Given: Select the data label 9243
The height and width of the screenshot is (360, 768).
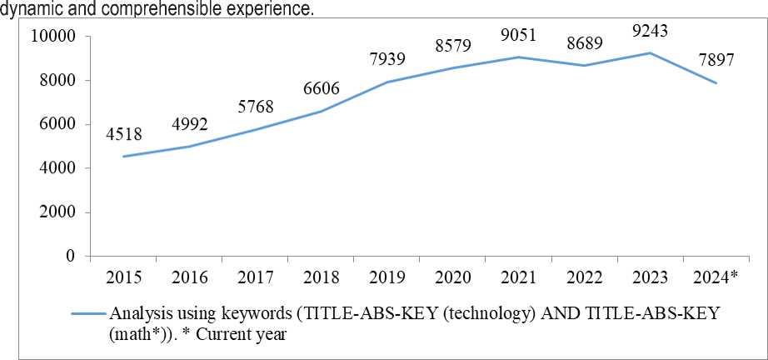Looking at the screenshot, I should click(x=650, y=32).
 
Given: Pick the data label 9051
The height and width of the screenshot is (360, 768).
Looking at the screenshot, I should click(x=519, y=35).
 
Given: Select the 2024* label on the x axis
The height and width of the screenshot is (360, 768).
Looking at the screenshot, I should click(x=716, y=277).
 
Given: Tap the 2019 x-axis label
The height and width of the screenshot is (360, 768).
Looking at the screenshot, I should click(x=386, y=277).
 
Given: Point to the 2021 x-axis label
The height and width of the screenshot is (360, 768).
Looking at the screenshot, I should click(x=518, y=277).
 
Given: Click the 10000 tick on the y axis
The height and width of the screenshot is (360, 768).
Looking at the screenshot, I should click(x=52, y=37).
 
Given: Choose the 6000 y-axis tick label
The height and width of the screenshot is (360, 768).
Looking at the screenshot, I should click(x=57, y=124).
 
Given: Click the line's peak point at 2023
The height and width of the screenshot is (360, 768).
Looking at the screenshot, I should click(x=650, y=53).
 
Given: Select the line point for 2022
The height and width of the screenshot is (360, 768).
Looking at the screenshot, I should click(x=584, y=66).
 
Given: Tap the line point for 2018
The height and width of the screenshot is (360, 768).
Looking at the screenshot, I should click(x=320, y=112).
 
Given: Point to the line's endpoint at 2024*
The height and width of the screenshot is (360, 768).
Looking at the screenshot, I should click(x=716, y=83).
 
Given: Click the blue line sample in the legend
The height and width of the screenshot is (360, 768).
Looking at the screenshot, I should click(x=89, y=314).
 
